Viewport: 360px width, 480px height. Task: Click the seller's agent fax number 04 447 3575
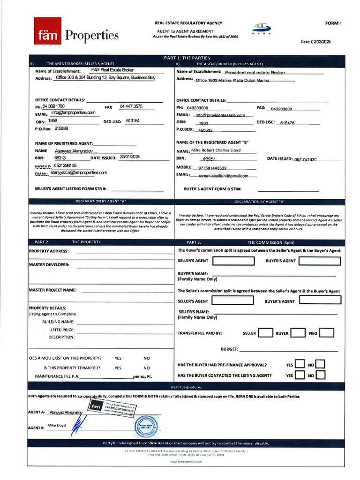pos(131,106)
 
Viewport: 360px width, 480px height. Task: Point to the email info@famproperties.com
pos(73,112)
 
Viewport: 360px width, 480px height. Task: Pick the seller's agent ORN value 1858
pos(52,120)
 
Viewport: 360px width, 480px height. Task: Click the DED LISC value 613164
pos(133,120)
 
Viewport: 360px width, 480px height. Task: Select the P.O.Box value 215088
pos(61,128)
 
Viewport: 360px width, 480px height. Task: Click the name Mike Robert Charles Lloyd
pos(216,150)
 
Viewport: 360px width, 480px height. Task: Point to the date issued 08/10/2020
pos(306,159)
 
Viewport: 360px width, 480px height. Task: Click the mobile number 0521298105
pos(65,165)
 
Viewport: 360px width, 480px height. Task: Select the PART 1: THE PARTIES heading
pos(187,58)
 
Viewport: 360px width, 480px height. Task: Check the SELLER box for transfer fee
pos(265,333)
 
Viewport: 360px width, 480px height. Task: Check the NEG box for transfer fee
pos(327,333)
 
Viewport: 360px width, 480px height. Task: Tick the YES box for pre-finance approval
pos(300,364)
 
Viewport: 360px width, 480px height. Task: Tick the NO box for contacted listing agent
pos(321,375)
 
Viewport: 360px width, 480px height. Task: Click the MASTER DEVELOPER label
pos(49,264)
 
